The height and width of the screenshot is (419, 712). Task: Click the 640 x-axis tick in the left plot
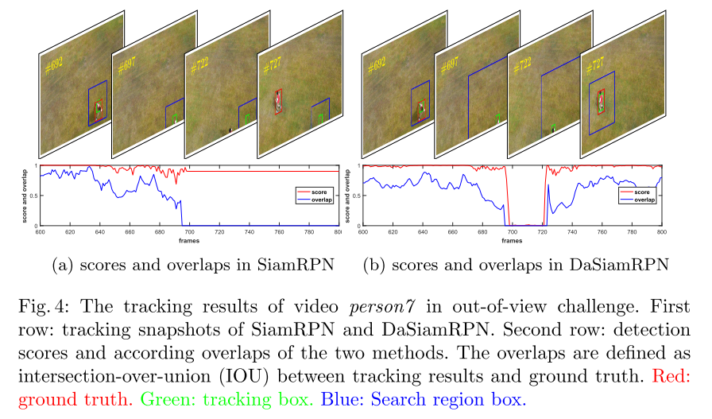(99, 231)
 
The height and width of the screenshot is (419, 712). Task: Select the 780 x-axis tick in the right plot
(631, 231)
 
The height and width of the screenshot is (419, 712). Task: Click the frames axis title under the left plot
(188, 239)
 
